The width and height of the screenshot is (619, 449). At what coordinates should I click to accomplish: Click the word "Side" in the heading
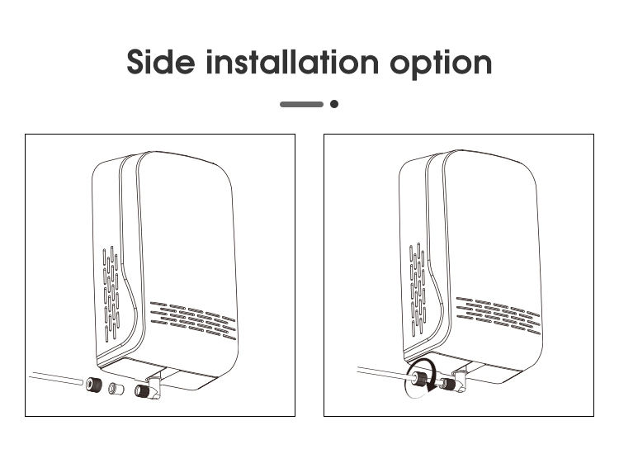tap(161, 61)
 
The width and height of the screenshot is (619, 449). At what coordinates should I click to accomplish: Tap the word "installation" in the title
tap(292, 61)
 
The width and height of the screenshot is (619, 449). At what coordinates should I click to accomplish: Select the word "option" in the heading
tap(441, 64)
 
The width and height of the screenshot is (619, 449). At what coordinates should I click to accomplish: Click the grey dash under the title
tap(301, 104)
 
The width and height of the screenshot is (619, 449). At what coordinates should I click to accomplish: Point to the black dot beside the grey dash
tap(334, 104)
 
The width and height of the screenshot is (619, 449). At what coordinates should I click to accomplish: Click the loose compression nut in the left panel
tap(94, 384)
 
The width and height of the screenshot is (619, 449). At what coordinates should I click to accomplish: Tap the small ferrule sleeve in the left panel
tap(116, 389)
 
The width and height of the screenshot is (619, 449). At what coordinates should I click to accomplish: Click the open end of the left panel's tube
tap(81, 381)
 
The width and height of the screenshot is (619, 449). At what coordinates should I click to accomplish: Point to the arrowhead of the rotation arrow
tap(430, 388)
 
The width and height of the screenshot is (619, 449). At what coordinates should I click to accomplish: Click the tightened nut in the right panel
tap(420, 379)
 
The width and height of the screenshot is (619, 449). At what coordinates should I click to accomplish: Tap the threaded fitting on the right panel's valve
tap(448, 384)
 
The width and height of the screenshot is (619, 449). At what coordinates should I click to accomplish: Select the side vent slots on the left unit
tap(111, 294)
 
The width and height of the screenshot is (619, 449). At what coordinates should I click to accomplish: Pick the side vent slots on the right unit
tap(418, 290)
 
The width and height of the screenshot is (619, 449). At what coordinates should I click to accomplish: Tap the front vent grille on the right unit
tap(499, 315)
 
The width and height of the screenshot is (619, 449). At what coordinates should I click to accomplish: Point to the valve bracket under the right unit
tap(459, 378)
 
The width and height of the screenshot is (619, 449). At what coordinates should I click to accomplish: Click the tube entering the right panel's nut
tap(385, 372)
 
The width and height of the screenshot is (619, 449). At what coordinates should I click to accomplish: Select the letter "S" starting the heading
tap(136, 62)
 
